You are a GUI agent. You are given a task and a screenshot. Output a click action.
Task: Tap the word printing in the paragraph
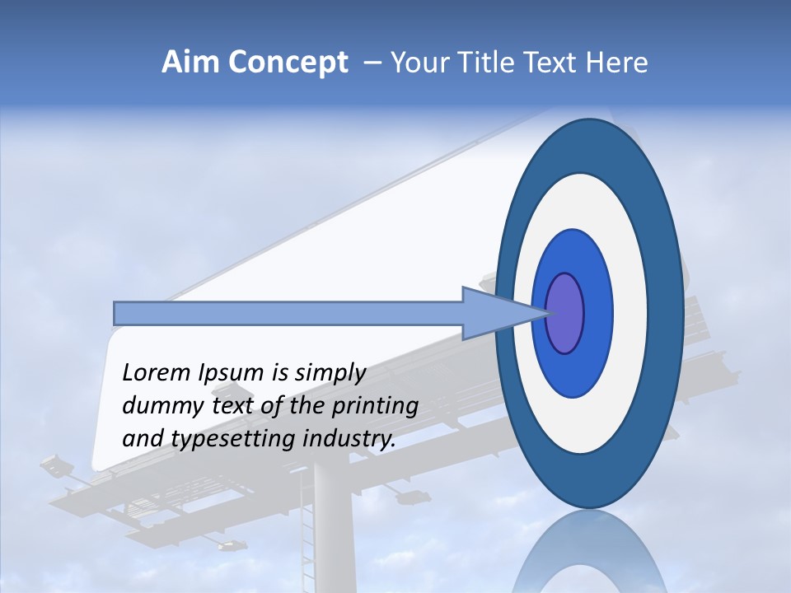coord(374,406)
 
